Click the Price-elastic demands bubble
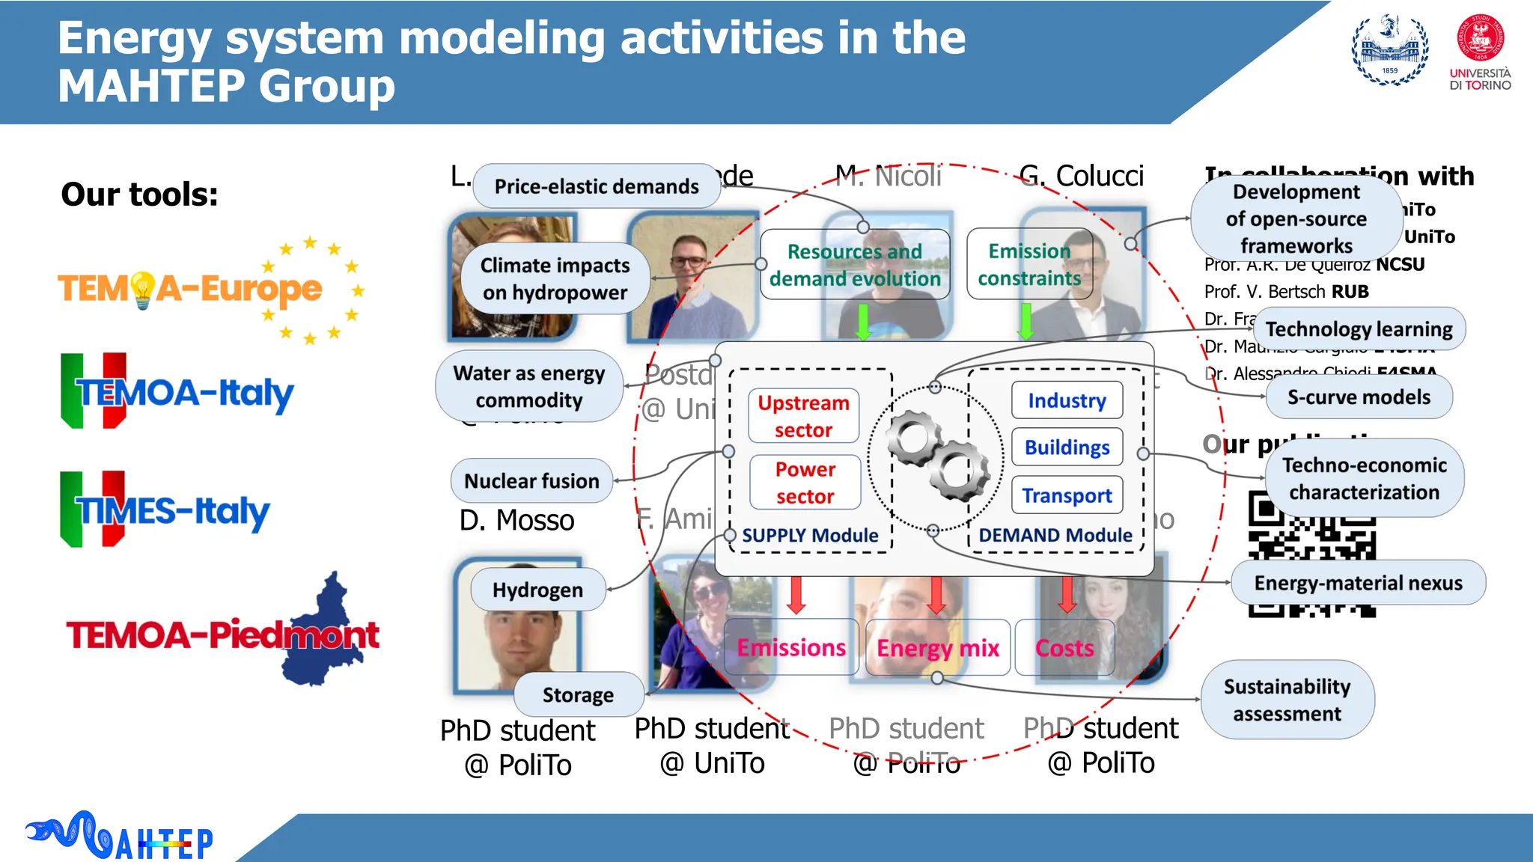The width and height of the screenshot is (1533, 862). click(x=596, y=186)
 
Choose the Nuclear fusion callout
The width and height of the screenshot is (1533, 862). click(x=531, y=480)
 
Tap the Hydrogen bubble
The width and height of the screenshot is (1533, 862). click(x=537, y=590)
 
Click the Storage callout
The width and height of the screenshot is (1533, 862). click(x=578, y=694)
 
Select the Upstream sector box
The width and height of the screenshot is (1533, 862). click(x=803, y=416)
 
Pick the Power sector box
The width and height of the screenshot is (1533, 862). click(x=805, y=483)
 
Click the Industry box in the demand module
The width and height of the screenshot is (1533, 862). click(x=1067, y=400)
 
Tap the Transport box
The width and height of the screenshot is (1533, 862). click(x=1067, y=495)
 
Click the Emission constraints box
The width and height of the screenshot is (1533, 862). click(x=1029, y=264)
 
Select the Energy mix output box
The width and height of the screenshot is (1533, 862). click(x=937, y=647)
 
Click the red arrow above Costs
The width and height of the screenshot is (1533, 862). click(x=1067, y=595)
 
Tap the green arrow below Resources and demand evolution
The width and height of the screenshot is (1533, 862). click(x=863, y=322)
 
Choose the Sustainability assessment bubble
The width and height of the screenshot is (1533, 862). click(x=1287, y=700)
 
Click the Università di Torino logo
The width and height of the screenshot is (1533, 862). click(x=1480, y=52)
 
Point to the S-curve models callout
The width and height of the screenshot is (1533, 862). click(x=1358, y=397)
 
